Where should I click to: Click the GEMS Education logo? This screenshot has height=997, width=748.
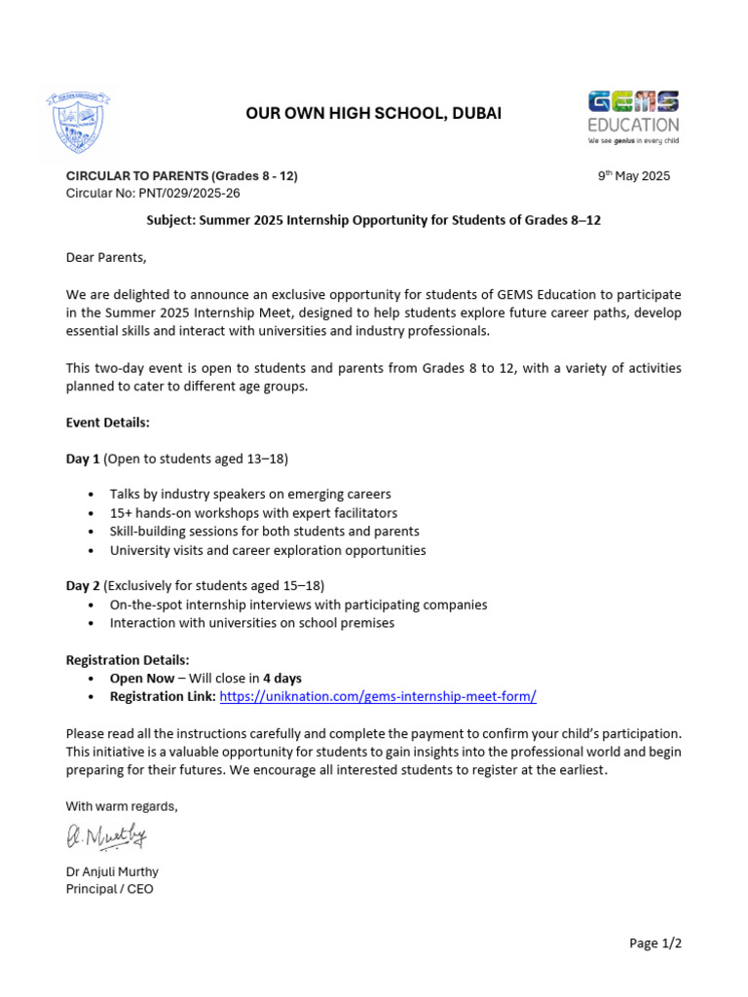click(633, 116)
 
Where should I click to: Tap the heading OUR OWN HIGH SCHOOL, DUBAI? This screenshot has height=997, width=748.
click(373, 114)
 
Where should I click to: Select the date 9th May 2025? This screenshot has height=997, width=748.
click(633, 176)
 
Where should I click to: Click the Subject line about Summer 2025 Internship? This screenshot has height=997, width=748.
click(373, 220)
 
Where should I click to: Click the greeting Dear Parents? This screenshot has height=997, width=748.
click(105, 257)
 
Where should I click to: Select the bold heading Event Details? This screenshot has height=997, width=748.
click(107, 423)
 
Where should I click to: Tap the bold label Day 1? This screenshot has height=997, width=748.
click(82, 458)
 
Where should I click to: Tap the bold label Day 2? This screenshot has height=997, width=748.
click(82, 585)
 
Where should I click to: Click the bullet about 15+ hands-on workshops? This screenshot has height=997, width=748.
click(253, 512)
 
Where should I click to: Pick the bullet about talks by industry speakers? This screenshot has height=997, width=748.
click(249, 494)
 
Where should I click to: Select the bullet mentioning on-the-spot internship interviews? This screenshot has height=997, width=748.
click(298, 605)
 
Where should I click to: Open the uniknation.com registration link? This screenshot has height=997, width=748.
click(378, 696)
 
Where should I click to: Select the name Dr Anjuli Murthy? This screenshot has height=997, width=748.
click(111, 871)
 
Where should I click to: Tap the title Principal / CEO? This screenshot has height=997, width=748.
click(109, 889)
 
